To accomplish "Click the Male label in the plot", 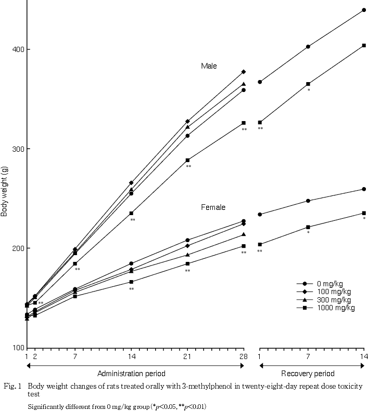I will coord(209,66).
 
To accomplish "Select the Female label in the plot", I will coord(213,207).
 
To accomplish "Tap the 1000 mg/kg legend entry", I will coord(335,308).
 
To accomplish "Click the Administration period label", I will coord(131,374).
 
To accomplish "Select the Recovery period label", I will coord(308,374).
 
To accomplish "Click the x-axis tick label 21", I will coord(187,357).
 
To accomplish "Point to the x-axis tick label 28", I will coord(243,357).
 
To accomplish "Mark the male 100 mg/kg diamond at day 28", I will coord(244,72).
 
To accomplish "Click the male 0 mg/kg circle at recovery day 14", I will coord(364,10).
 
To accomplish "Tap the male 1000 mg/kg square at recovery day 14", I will coord(364,45).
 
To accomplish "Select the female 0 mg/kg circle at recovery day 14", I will coord(364,189).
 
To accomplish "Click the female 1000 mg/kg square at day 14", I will coord(131,282).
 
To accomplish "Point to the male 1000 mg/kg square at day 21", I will coord(187,160).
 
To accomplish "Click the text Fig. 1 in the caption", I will coord(12,387).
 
